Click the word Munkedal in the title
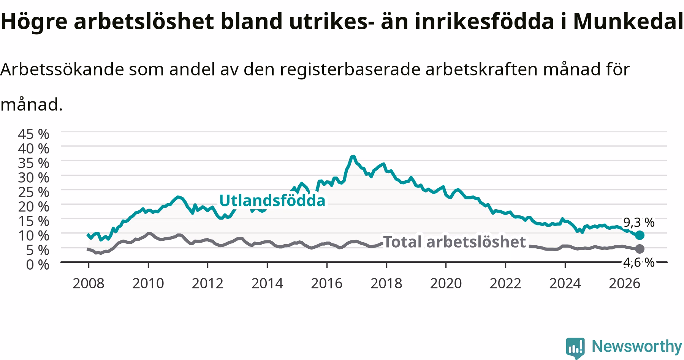[x=628, y=22]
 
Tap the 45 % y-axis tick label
[x=33, y=134]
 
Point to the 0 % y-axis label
[x=38, y=264]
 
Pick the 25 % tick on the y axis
[x=33, y=192]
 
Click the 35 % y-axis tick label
[x=33, y=163]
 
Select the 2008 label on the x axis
[x=89, y=283]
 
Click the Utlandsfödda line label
[x=272, y=201]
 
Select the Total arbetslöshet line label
[x=454, y=242]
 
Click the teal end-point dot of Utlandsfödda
[x=640, y=235]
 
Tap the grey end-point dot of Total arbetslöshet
[x=640, y=249]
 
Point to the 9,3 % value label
[x=639, y=223]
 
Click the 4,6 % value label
[x=639, y=262]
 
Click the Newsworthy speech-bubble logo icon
[x=576, y=347]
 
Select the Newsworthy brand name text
[x=637, y=346]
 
